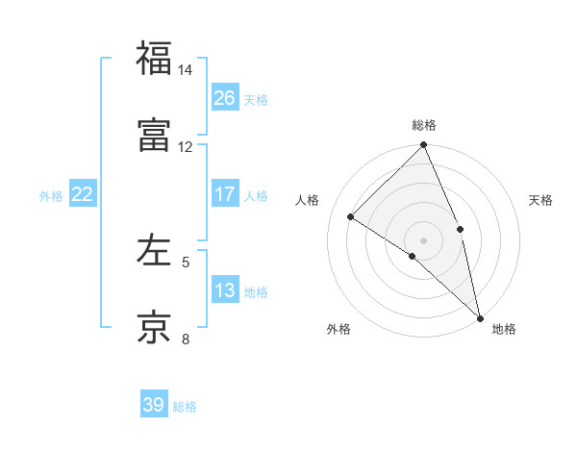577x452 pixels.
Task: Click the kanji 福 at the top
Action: tap(154, 60)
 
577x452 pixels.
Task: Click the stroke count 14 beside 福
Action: tap(186, 70)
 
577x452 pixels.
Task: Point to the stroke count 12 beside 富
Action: tap(186, 146)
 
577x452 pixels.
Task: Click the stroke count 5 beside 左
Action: tap(186, 261)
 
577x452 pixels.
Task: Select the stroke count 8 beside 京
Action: tap(186, 338)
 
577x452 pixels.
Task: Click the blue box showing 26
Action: tap(225, 97)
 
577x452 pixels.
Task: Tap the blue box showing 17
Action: tap(225, 194)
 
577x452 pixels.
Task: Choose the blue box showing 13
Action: tap(225, 290)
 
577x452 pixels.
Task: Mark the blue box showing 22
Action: tap(83, 194)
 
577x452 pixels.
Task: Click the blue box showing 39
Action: tap(154, 405)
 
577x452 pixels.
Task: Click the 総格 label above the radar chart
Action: tap(424, 125)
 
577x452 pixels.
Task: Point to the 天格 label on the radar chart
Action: tap(540, 200)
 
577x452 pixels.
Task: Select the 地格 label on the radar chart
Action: tap(504, 329)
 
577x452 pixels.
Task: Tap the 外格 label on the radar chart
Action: tap(339, 329)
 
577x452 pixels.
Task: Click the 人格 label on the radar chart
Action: tap(308, 200)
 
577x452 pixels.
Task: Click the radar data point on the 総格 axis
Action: tap(424, 146)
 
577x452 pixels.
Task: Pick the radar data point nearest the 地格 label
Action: tap(480, 316)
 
